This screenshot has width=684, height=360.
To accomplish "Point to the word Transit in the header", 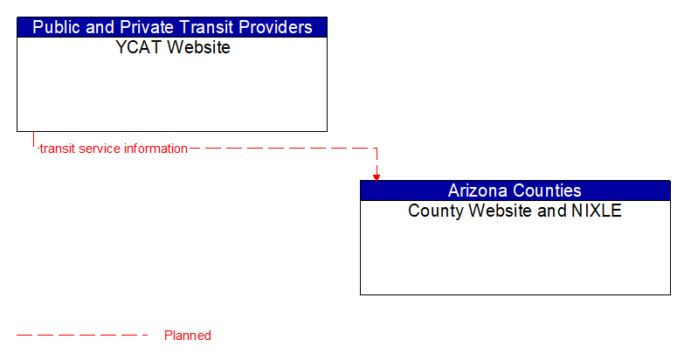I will point(200,27).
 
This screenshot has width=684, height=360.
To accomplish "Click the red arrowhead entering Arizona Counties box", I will point(377,177).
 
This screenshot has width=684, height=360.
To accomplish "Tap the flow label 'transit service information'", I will point(113,149).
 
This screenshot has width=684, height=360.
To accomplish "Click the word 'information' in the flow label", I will point(155,149).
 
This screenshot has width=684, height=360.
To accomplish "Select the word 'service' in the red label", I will point(100,149).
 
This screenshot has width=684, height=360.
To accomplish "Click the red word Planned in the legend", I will point(188,336).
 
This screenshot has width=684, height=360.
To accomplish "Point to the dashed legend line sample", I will point(83,336).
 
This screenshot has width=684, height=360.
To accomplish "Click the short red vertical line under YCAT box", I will point(33,139).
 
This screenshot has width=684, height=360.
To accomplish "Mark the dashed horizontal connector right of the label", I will point(280,149).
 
